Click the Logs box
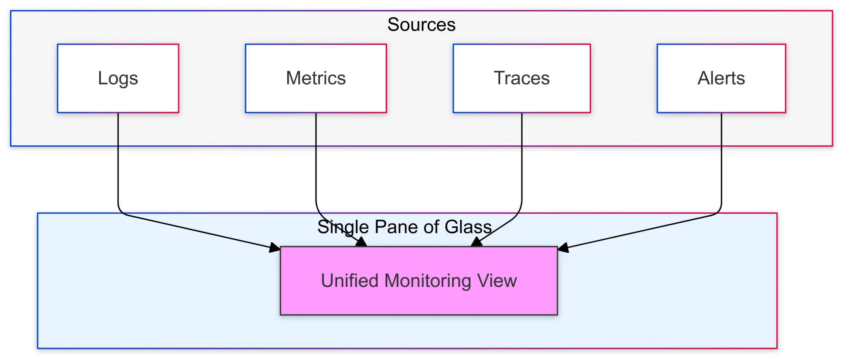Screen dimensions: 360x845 [118, 78]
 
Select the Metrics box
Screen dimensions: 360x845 [316, 78]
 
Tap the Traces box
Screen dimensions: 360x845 [521, 78]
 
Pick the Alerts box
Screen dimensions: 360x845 [721, 78]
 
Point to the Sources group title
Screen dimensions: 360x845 [421, 25]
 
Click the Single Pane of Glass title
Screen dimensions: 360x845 [404, 227]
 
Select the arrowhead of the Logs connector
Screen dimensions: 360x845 [275, 248]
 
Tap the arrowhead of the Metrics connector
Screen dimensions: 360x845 [362, 242]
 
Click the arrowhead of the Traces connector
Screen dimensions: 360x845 [476, 242]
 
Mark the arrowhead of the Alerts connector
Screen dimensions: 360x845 [563, 248]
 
